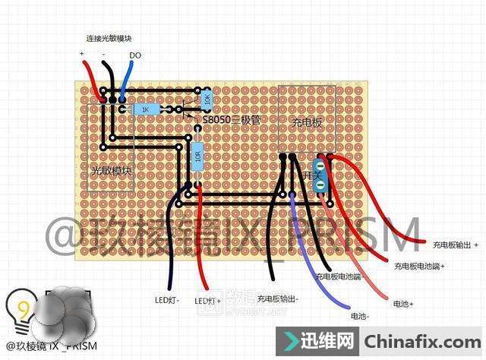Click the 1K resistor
(147, 109)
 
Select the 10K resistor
(207, 99)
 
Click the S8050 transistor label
(231, 120)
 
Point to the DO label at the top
(135, 55)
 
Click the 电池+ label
(402, 304)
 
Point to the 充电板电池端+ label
(419, 267)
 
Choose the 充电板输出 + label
(456, 245)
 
